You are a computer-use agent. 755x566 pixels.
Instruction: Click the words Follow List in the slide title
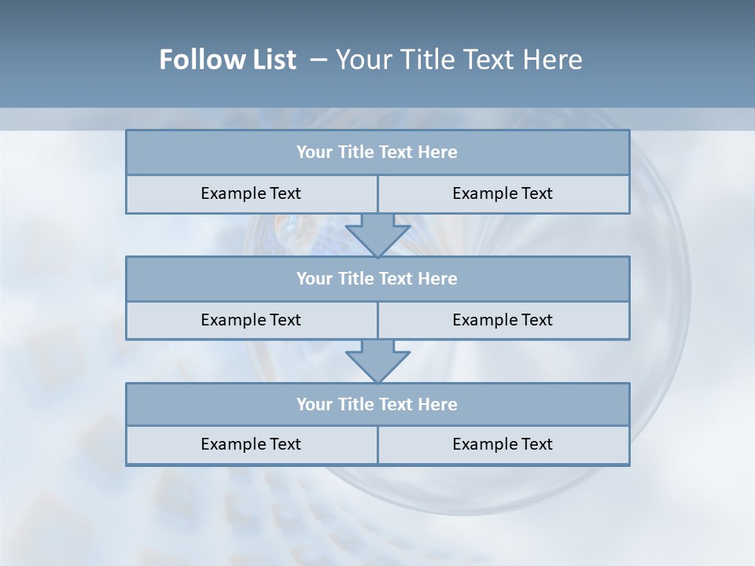[x=227, y=60]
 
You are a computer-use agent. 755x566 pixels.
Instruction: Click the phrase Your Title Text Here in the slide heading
[x=459, y=60]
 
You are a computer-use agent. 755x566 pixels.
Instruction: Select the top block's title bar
[x=377, y=153]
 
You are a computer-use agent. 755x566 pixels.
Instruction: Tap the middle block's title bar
[x=377, y=278]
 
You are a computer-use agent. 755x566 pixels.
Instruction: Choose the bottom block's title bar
[x=377, y=404]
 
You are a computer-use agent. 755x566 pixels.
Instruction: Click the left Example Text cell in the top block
[x=251, y=193]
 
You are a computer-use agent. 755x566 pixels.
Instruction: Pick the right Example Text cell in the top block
[x=503, y=193]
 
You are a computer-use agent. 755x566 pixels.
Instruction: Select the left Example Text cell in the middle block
[x=251, y=320]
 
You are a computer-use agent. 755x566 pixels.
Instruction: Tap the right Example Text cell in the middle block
[x=503, y=320]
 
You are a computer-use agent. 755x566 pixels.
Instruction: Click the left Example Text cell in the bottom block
[x=251, y=444]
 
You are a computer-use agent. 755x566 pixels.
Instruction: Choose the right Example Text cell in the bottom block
[x=503, y=444]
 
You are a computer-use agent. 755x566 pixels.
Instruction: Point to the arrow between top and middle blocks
[x=377, y=234]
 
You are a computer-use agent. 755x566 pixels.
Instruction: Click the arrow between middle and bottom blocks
[x=377, y=361]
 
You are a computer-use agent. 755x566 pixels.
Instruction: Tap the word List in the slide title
[x=276, y=60]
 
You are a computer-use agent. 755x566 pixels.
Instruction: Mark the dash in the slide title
[x=319, y=60]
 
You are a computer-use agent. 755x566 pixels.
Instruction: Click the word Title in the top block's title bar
[x=356, y=153]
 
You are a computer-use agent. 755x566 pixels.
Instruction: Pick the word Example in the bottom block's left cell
[x=234, y=444]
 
